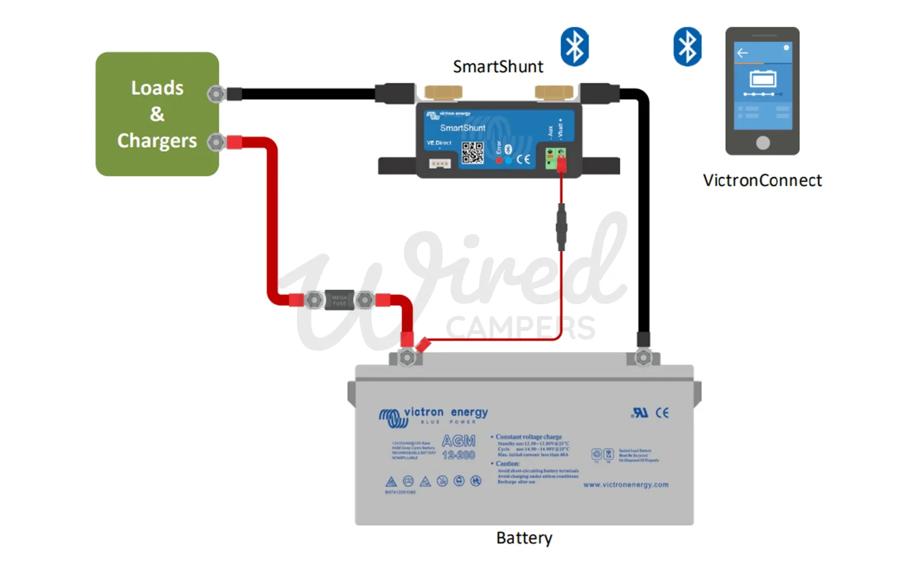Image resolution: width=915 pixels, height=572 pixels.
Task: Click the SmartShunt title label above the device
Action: click(x=498, y=66)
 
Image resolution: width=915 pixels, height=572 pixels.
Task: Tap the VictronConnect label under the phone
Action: click(x=762, y=180)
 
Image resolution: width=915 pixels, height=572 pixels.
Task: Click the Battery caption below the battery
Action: click(x=524, y=538)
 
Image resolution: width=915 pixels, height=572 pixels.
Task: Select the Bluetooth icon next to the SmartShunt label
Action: click(x=574, y=47)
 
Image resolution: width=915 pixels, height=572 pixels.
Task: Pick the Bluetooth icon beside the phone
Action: click(x=687, y=47)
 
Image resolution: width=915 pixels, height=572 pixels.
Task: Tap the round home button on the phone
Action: click(x=762, y=143)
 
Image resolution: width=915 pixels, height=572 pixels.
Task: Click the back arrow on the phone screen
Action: click(x=742, y=53)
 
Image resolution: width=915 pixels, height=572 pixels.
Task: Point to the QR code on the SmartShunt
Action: click(x=472, y=153)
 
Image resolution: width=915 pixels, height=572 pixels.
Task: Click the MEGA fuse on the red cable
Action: click(x=339, y=300)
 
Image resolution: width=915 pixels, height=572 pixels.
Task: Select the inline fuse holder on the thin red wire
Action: click(x=561, y=227)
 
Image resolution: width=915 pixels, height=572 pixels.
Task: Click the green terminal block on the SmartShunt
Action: click(x=555, y=158)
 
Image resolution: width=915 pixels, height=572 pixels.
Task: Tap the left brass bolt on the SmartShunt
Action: click(x=443, y=92)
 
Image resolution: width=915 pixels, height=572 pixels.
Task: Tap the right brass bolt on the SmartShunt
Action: click(x=553, y=92)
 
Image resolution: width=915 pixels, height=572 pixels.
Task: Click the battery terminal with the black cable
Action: click(x=643, y=358)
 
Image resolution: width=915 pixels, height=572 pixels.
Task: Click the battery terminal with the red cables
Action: click(x=407, y=358)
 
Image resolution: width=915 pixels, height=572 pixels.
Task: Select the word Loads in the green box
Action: click(x=157, y=88)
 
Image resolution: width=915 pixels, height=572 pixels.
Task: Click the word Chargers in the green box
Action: click(x=157, y=141)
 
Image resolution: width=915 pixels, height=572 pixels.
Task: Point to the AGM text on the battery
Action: click(x=458, y=441)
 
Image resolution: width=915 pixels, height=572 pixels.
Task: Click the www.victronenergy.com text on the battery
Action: click(x=626, y=484)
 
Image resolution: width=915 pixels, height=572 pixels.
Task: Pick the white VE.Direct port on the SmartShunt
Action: click(x=440, y=164)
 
